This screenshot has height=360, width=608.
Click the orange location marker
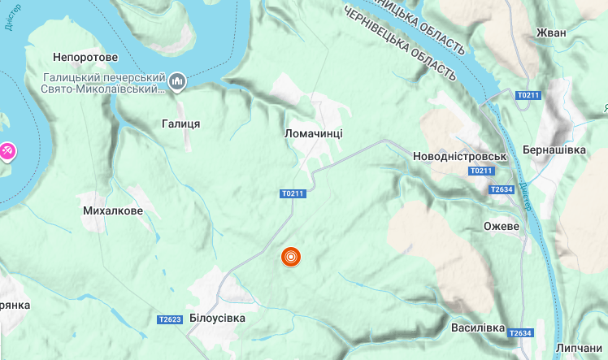coord(291,257)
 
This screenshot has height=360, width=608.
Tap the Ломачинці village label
coord(314,132)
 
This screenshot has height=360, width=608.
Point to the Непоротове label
coord(85,58)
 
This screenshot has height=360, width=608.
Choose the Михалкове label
coord(113,210)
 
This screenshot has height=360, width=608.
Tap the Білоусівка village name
coord(217,318)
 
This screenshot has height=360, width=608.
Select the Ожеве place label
coord(501,226)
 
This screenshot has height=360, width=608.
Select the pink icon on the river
coord(7,150)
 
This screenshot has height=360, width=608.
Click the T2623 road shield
coord(170,319)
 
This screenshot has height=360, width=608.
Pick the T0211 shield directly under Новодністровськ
coord(481,171)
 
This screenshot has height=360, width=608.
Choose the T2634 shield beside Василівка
coord(519,333)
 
